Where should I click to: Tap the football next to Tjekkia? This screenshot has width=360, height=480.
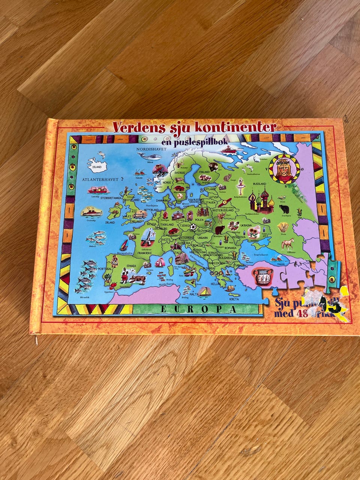click(193, 227)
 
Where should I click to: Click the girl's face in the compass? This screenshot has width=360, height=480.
click(285, 170)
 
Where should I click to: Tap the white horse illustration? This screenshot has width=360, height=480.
click(288, 244)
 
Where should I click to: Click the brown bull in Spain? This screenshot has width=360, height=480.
click(138, 279)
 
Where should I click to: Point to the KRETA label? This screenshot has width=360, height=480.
click(234, 300)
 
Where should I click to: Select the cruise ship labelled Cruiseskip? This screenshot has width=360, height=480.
click(91, 212)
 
